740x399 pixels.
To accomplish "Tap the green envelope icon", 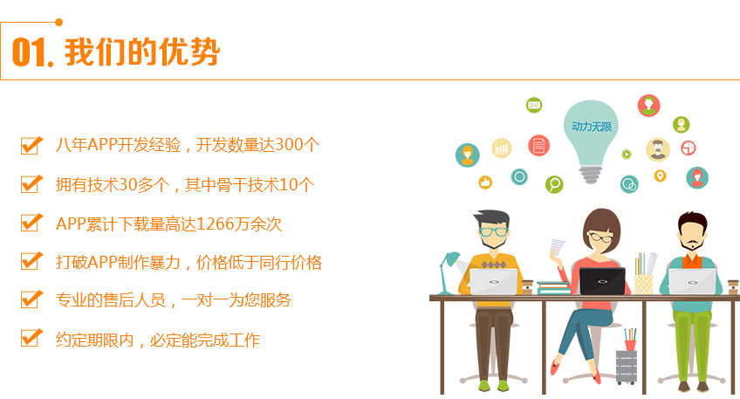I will pos(534,106).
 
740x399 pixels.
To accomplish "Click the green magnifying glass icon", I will pos(554,183).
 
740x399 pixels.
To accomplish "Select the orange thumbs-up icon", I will pos(485,182).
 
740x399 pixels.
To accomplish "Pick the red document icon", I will pos(539,145).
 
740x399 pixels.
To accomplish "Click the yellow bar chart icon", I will pos(502,148).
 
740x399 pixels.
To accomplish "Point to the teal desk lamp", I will pos(449,267).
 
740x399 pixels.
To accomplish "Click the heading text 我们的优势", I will pos(142,52).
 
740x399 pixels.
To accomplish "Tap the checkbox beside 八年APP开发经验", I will pos(31,145).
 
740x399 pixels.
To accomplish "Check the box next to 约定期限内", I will pos(31,338).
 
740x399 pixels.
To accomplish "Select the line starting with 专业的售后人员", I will pos(173,299).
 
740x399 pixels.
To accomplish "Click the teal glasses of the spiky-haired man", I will pos(493,232).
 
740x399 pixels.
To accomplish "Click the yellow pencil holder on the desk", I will pos(643,282).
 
